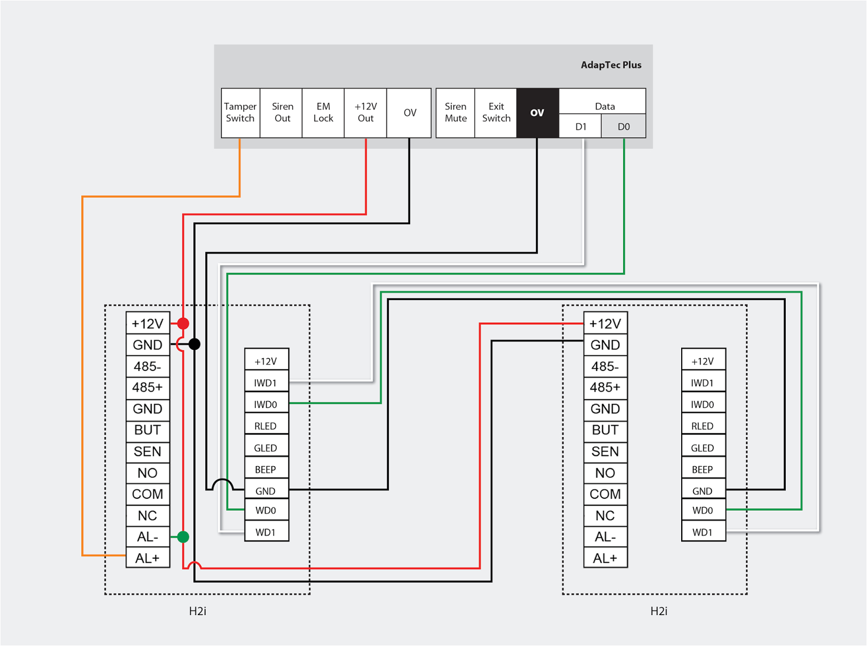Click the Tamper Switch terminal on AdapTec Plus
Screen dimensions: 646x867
(x=240, y=113)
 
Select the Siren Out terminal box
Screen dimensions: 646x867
(x=282, y=113)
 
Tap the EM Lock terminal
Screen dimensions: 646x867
(x=323, y=113)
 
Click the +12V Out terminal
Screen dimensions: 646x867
(x=366, y=113)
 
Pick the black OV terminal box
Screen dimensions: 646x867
(x=537, y=113)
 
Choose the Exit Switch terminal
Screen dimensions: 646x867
(x=496, y=113)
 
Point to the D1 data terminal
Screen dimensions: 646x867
(x=580, y=127)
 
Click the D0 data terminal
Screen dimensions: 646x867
(x=624, y=127)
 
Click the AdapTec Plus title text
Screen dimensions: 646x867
(x=611, y=65)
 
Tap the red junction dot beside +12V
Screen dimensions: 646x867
(x=183, y=323)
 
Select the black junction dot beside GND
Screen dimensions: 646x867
(x=195, y=344)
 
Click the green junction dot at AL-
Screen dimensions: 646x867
(x=183, y=537)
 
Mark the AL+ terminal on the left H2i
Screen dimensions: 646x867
(x=147, y=558)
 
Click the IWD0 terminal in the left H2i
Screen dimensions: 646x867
(x=266, y=404)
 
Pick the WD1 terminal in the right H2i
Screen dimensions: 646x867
(x=703, y=532)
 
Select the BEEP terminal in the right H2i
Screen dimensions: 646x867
(x=703, y=469)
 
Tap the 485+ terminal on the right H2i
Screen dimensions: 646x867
(x=605, y=387)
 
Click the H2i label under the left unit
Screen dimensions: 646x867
(x=198, y=611)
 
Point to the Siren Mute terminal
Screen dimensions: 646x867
(x=455, y=113)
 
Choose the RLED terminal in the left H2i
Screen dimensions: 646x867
(x=266, y=426)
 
